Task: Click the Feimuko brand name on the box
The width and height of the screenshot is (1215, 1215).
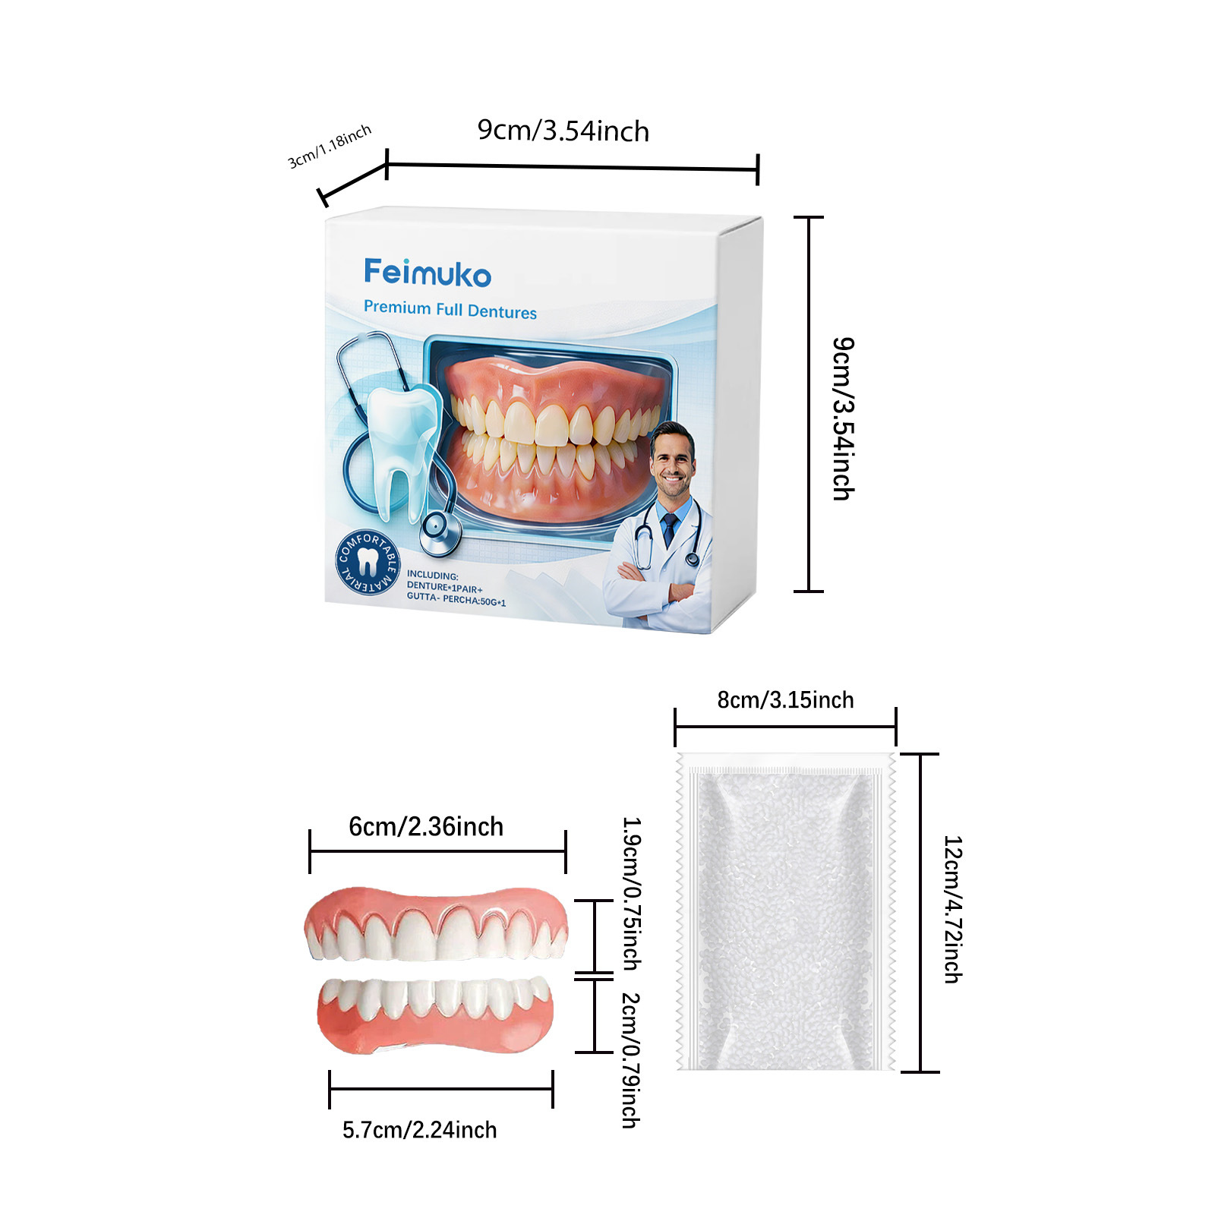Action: pyautogui.click(x=428, y=273)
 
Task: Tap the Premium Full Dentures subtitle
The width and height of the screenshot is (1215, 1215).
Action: pyautogui.click(x=450, y=310)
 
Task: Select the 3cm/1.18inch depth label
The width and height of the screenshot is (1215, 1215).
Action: pyautogui.click(x=330, y=146)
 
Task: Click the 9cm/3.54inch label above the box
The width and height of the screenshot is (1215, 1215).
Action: pyautogui.click(x=563, y=131)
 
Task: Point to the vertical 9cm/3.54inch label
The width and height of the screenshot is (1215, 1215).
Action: pyautogui.click(x=843, y=418)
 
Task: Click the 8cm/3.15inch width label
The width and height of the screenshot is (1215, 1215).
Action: pyautogui.click(x=785, y=699)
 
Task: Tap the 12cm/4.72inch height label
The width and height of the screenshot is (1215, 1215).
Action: pyautogui.click(x=952, y=909)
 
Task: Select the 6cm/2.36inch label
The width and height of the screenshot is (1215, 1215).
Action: pyautogui.click(x=426, y=826)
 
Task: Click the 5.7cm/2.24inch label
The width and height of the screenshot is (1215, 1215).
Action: pyautogui.click(x=419, y=1130)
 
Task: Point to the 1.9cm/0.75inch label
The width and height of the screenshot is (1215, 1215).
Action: pyautogui.click(x=632, y=893)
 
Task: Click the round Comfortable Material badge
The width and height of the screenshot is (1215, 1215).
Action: pyautogui.click(x=368, y=563)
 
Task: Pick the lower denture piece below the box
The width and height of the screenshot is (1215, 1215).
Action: pyautogui.click(x=435, y=1014)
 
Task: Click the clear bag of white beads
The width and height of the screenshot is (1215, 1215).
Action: pyautogui.click(x=785, y=911)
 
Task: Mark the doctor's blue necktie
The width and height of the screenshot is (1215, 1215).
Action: pyautogui.click(x=669, y=529)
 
